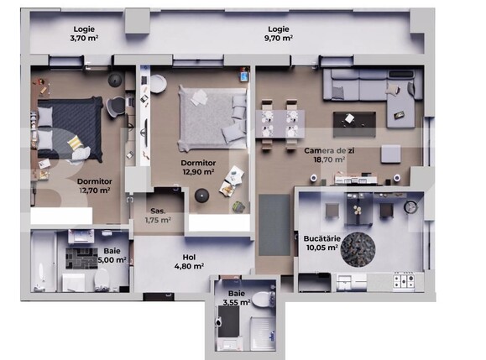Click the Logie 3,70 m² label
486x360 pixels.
coord(83,33)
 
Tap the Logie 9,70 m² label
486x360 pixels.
coord(274,33)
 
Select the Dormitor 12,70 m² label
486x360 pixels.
coord(95,186)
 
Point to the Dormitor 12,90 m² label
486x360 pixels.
coord(199,167)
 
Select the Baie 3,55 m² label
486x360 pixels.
coord(233,298)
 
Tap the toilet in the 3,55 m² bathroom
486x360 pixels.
coord(261,299)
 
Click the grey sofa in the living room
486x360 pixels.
coord(369,87)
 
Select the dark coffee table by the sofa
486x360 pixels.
coord(353,121)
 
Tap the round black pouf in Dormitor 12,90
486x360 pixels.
coord(201,196)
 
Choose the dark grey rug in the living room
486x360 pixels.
coord(273,222)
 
